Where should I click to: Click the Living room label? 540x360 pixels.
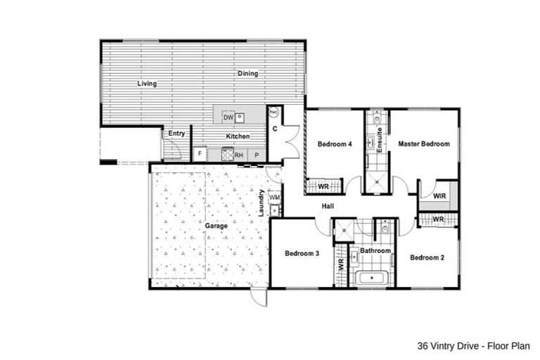[147, 84]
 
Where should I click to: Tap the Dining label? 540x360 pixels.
[247, 73]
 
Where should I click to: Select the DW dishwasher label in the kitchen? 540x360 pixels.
[228, 117]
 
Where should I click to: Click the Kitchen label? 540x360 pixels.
[238, 136]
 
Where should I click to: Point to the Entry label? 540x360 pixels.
[176, 133]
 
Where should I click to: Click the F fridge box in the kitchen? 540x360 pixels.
[199, 154]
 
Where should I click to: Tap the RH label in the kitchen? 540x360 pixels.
[239, 155]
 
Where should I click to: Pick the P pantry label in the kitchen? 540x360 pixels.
[257, 155]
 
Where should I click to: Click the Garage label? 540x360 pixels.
[217, 227]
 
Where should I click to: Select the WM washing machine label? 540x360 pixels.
[275, 198]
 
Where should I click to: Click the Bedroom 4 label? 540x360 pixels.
[334, 144]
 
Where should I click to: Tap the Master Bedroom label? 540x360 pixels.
[423, 144]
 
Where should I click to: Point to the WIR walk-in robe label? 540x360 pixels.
[440, 195]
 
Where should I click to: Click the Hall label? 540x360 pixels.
[328, 206]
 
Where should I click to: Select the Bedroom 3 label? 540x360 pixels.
[302, 253]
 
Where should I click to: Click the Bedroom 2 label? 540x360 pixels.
[427, 257]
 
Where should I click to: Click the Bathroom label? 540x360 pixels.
[375, 250]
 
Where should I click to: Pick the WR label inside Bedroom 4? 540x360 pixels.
[324, 187]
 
